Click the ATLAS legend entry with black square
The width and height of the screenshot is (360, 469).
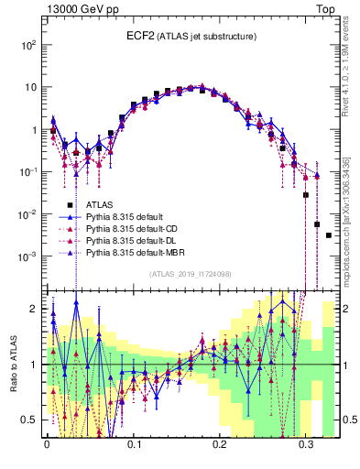(100, 205)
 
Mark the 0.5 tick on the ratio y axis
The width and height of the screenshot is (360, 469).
(33, 420)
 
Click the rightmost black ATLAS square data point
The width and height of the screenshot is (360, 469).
(328, 235)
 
